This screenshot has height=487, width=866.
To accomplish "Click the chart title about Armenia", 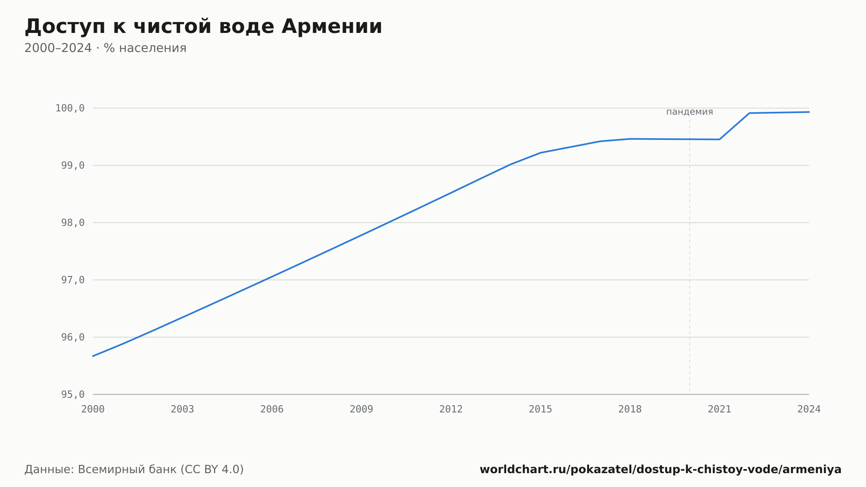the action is click(204, 27).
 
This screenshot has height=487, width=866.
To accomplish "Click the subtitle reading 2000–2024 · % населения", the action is click(105, 48).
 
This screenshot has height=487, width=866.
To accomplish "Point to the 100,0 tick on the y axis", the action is click(70, 108).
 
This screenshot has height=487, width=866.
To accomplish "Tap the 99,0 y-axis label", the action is click(73, 166).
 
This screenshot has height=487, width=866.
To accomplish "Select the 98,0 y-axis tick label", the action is click(73, 223).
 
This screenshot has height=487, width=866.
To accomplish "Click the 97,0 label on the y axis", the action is click(73, 280).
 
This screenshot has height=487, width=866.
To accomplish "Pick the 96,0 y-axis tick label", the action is click(73, 337).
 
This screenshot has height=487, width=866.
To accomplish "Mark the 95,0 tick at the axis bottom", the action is click(73, 394).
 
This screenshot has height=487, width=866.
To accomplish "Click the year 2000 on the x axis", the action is click(93, 409).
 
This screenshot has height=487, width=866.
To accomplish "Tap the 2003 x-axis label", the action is click(182, 409).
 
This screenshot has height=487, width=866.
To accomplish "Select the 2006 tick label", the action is click(272, 409).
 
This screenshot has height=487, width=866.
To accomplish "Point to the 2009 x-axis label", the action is click(362, 409).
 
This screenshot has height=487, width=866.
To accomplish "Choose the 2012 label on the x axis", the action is click(451, 409).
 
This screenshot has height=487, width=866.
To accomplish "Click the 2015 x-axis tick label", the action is click(540, 409).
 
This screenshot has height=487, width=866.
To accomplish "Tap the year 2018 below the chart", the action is click(630, 409).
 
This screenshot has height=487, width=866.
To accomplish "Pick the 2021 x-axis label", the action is click(720, 409).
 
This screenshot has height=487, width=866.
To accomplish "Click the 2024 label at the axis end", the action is click(809, 409).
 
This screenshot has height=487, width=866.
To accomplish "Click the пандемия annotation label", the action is click(689, 112).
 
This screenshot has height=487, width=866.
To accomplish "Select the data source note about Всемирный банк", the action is click(134, 470).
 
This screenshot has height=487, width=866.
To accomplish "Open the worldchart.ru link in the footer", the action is click(660, 470).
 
